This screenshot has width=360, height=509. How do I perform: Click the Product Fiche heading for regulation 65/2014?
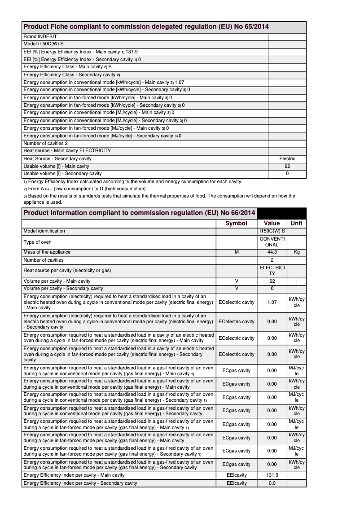pos(146,27)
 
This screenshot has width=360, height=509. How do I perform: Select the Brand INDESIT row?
pos(40,36)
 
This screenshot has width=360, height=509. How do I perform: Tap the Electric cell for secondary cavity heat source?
pos(287,158)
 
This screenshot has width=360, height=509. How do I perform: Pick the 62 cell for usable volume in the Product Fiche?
pos(287,166)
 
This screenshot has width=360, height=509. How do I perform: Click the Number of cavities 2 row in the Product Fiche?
pos(45,143)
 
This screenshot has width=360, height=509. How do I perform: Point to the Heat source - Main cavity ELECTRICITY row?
pos(67,151)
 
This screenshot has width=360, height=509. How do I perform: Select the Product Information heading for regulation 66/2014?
pos(139,213)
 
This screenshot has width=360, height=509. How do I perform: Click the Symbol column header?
pos(236,223)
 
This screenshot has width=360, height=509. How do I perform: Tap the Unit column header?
pos(296,223)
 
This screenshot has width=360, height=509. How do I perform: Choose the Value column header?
pos(272,223)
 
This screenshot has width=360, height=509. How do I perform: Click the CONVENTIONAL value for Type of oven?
pos(272,242)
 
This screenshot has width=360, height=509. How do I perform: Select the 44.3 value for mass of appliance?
pos(272,252)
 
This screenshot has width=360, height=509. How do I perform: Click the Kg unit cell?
pos(296,252)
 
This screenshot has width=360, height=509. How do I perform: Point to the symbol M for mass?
pos(236,252)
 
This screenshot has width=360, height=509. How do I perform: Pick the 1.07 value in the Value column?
pos(272,302)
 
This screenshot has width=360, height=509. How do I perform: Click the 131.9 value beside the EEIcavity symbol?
pos(272,475)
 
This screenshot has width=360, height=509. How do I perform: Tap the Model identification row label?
pos(44,231)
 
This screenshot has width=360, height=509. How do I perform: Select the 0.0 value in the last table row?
pos(272,483)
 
